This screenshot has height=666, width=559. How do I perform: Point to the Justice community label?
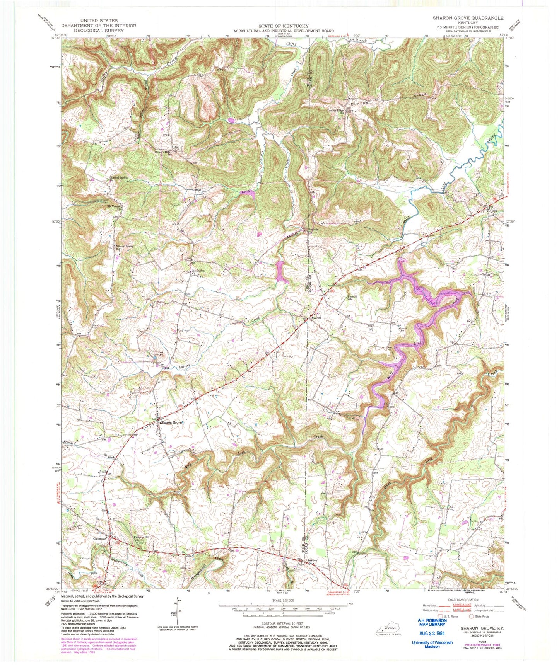click(x=312, y=560)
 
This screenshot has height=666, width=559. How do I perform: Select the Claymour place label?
click(x=99, y=538)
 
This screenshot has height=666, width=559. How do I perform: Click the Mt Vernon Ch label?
click(x=115, y=207)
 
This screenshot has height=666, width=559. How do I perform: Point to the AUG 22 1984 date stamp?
click(x=432, y=633)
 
